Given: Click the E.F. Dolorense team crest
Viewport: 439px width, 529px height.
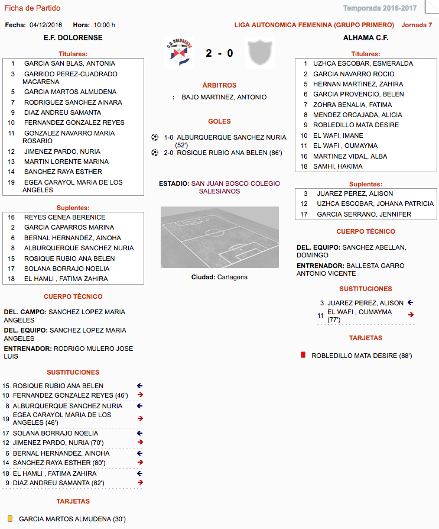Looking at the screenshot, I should tap(178, 53).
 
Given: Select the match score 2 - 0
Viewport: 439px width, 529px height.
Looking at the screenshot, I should tap(219, 54).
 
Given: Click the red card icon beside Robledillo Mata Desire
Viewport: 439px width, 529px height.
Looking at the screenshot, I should tap(303, 356).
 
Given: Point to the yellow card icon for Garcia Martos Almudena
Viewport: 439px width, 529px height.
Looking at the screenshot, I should tap(10, 519).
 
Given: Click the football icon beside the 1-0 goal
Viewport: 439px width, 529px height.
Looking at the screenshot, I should tap(155, 137).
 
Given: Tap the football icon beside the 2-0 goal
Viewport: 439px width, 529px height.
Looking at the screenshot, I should tap(155, 153).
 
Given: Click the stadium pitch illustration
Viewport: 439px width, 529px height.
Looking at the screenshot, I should tap(220, 237).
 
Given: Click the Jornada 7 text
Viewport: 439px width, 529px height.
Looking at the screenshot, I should tap(417, 25).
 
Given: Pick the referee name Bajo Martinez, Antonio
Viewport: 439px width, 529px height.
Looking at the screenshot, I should tap(224, 97).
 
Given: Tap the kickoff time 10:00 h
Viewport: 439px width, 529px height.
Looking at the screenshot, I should tap(105, 25).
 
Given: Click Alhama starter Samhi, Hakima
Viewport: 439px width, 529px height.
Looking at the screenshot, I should tap(338, 166).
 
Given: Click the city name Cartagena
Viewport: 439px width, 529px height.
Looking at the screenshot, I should tap(232, 277).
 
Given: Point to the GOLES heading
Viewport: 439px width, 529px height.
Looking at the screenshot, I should tap(219, 121).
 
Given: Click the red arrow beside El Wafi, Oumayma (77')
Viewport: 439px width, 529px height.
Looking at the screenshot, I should tap(411, 315).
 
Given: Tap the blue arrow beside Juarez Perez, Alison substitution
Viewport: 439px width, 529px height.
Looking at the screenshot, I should tap(411, 302).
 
